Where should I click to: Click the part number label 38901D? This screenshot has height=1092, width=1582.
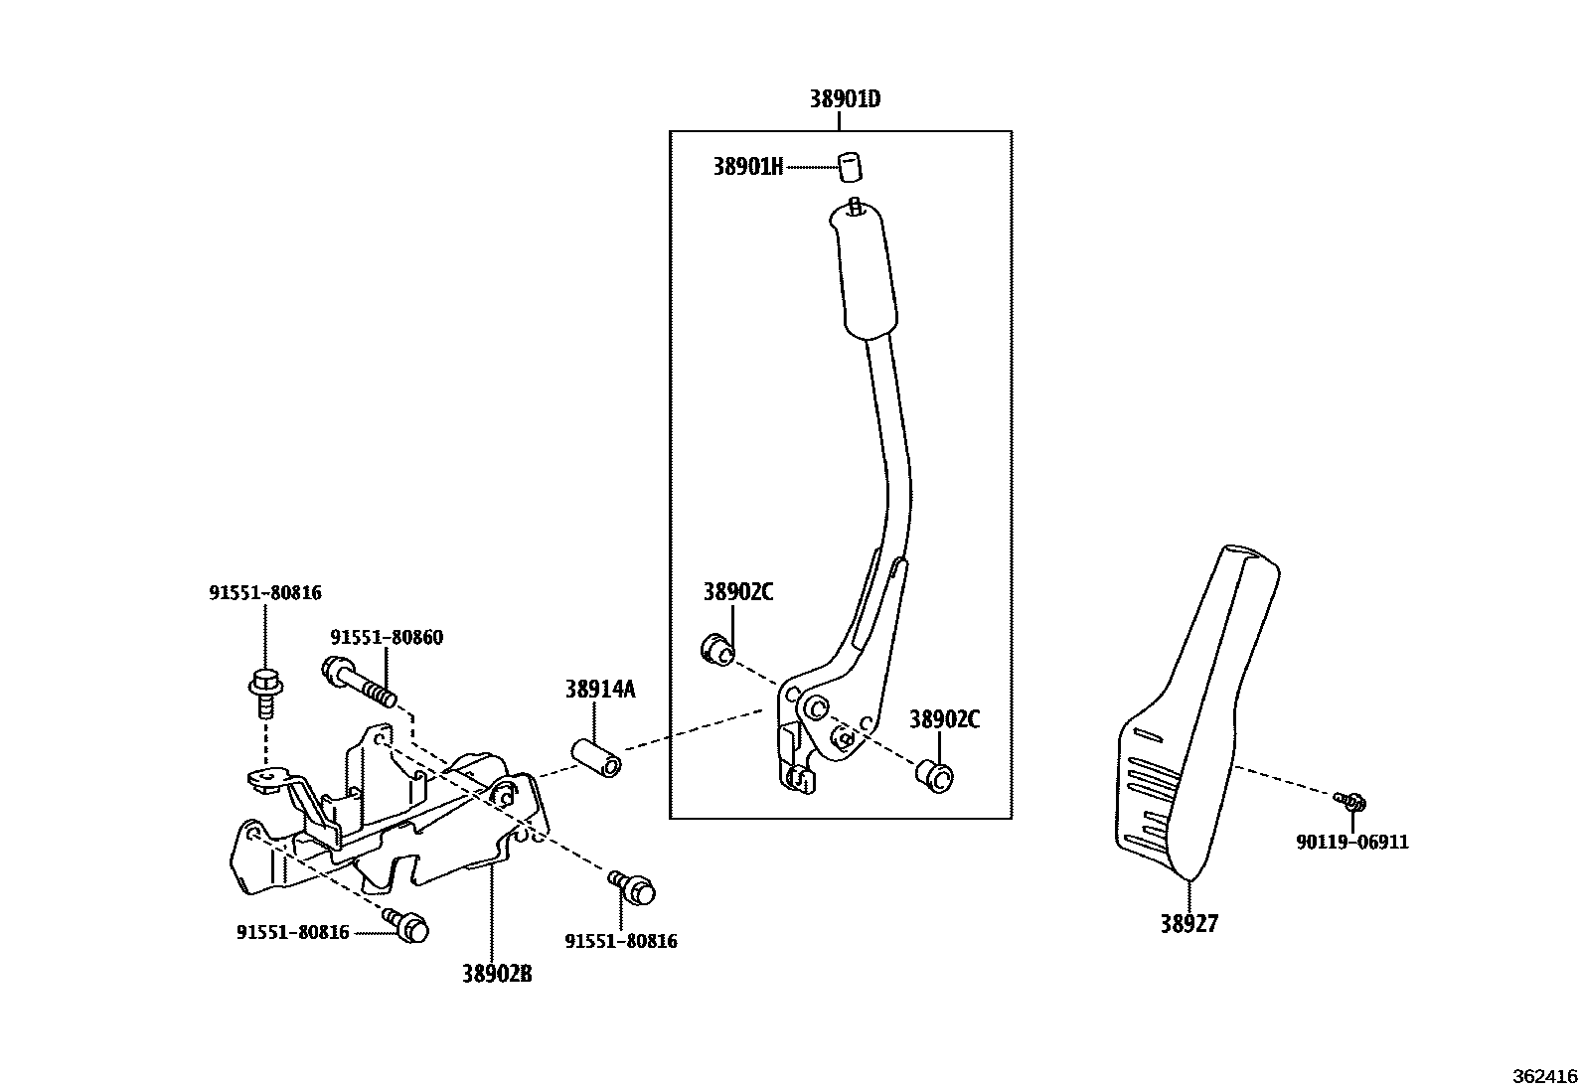845,99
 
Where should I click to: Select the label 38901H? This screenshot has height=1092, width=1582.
747,167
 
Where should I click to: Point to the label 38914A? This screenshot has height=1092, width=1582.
599,689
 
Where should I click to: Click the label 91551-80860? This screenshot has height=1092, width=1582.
387,637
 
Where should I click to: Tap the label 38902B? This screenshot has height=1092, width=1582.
496,974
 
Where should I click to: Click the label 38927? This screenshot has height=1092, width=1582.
1188,924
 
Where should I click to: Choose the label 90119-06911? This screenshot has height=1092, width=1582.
1351,842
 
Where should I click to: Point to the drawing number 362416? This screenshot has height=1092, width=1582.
1545,1076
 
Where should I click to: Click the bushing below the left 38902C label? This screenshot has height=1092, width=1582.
717,651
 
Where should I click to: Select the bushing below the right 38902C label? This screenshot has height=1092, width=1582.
934,776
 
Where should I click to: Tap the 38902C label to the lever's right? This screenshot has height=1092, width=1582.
944,719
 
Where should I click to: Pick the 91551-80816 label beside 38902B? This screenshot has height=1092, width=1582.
620,941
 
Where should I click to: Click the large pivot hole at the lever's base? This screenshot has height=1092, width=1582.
815,707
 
